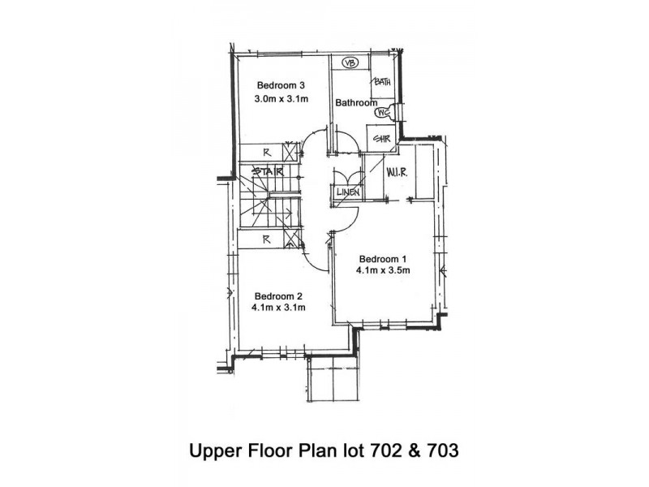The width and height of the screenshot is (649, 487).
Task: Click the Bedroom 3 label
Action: point(281,85)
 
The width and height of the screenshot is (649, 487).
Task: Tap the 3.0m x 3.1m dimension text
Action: point(281,99)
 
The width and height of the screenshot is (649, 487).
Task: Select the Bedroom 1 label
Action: point(383,259)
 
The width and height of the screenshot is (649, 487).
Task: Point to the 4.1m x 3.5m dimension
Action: point(383,270)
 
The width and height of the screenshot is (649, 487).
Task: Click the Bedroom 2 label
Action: point(278,296)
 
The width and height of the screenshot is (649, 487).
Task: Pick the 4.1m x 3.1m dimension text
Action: point(278,308)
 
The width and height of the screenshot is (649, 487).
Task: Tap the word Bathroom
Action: point(356,102)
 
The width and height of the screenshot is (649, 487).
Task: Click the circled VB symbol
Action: point(350,63)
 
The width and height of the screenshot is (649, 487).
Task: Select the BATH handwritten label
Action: point(382,82)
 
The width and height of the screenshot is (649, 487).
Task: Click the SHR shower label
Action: point(381,139)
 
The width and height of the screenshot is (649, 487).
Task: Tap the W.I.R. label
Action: point(397,172)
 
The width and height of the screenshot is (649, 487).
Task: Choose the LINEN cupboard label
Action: point(348,192)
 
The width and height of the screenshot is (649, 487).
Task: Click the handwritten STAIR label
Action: point(268,171)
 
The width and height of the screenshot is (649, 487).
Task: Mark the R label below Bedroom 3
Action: point(267,153)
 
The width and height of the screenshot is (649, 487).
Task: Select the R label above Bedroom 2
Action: point(267,239)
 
